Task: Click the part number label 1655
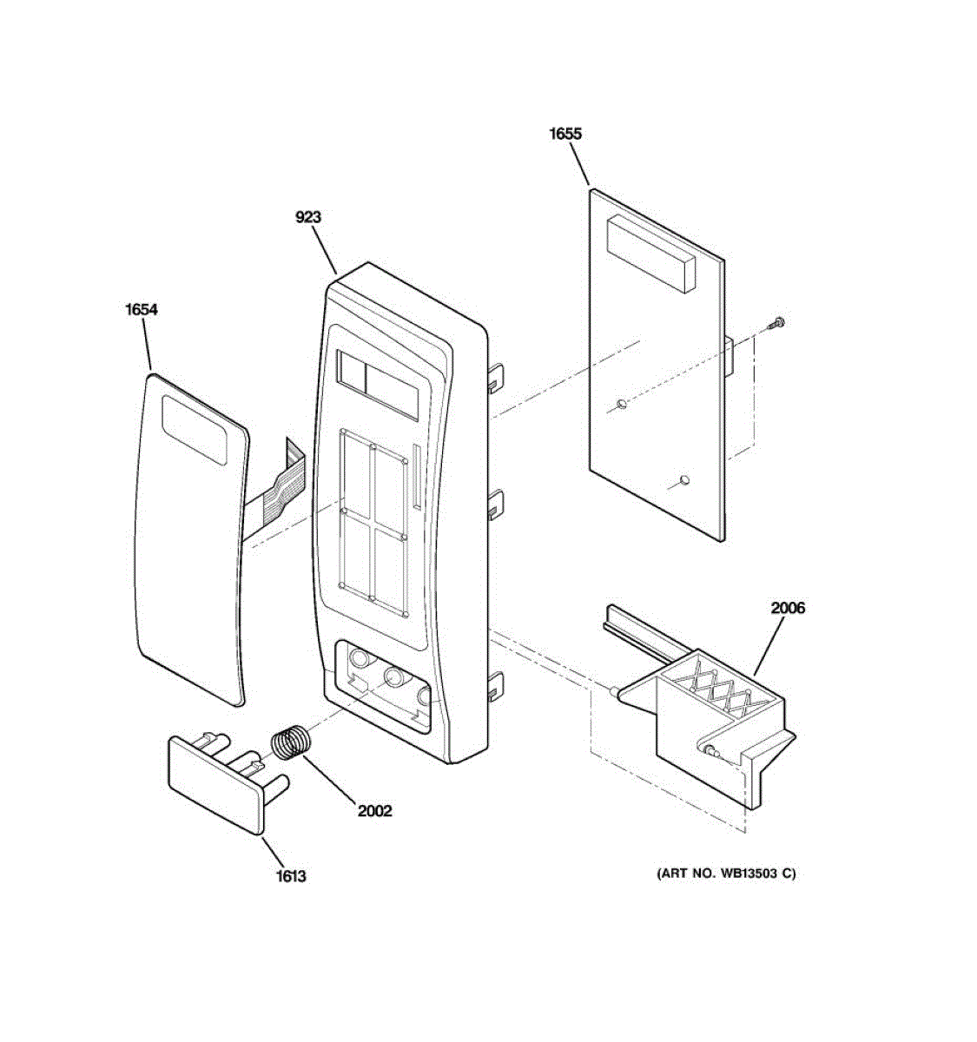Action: coord(565,134)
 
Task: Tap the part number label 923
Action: coord(308,217)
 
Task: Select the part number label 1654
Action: coord(142,309)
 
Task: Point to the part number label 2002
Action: coord(375,811)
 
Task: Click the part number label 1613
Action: coord(291,876)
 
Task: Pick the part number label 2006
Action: coord(788,608)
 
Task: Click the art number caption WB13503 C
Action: coord(726,874)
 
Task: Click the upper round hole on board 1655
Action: coord(622,404)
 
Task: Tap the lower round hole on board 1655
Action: coord(685,478)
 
